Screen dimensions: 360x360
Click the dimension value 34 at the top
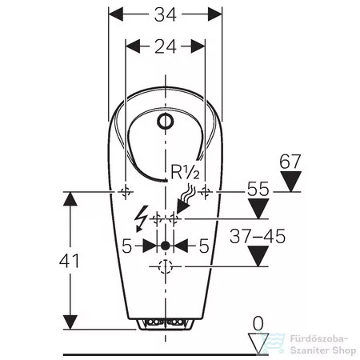pos(166,14)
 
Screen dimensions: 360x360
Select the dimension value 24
pos(166,46)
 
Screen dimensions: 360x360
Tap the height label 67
pos(290,162)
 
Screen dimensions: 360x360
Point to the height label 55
pos(258,189)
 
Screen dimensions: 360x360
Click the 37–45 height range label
pos(258,236)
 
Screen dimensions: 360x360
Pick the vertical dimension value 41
pos(70,261)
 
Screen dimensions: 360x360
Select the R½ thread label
pos(185,172)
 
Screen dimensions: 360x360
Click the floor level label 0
pos(258,323)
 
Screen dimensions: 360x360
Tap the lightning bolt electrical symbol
pos(141,218)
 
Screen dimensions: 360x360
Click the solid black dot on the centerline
pos(166,246)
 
